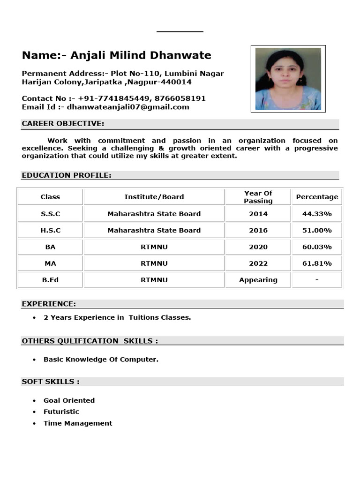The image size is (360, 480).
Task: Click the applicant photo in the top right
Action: [x=288, y=78]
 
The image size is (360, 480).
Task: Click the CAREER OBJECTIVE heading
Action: [x=63, y=124]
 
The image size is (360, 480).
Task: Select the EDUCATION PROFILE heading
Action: [x=67, y=175]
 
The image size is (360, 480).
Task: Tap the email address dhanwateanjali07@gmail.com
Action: [x=128, y=107]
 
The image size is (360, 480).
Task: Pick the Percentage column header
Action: [x=317, y=197]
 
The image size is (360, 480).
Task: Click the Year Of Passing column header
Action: [x=258, y=197]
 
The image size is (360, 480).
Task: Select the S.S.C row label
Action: [x=50, y=214]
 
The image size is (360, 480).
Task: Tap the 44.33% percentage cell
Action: [x=317, y=214]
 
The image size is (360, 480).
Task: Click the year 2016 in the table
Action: [x=258, y=230]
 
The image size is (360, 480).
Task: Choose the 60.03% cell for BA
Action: [x=317, y=247]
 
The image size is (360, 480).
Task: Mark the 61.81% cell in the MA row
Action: [x=317, y=263]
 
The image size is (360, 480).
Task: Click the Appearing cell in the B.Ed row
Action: [x=258, y=280]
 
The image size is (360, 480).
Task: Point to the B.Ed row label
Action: [x=50, y=280]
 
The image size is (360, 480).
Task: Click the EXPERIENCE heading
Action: [x=49, y=304]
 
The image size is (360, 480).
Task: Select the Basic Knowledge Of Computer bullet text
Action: [x=101, y=360]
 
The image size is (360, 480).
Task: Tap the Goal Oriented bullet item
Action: [x=69, y=400]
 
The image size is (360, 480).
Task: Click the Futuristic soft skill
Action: [x=61, y=412]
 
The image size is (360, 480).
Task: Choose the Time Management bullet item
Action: [x=78, y=423]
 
